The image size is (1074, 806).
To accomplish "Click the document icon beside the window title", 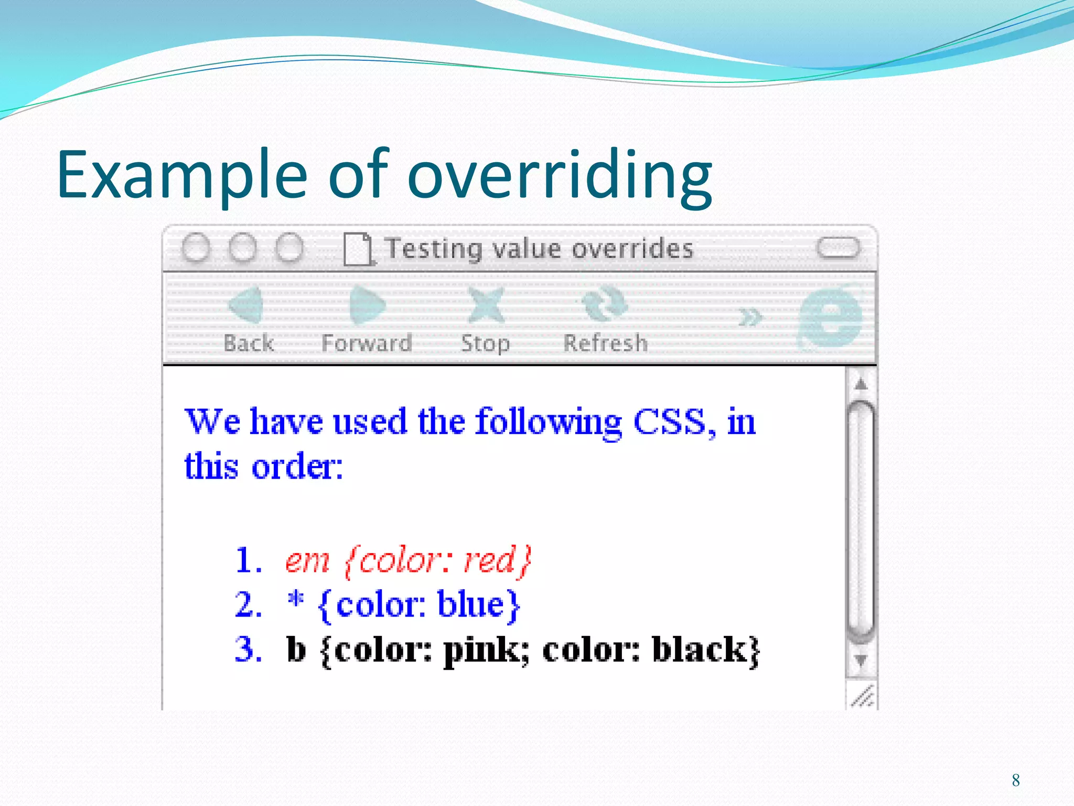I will (x=358, y=249).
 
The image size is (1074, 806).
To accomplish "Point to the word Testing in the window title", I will (x=434, y=249).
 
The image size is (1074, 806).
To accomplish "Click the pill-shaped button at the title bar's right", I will (x=838, y=248).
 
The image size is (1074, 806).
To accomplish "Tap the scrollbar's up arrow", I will (x=861, y=385).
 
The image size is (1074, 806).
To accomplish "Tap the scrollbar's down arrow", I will (x=861, y=660).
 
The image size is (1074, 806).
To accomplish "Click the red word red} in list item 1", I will (x=498, y=560).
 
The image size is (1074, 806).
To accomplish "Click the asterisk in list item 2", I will (x=296, y=599).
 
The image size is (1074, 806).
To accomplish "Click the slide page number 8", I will (x=1016, y=780).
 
